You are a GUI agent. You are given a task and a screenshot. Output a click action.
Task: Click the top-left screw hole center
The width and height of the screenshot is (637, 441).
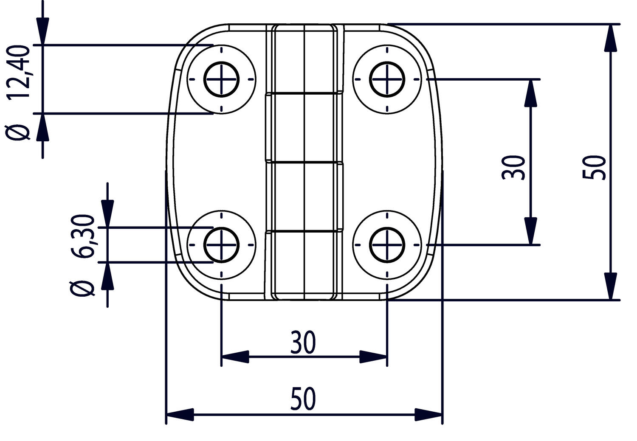coord(221,79)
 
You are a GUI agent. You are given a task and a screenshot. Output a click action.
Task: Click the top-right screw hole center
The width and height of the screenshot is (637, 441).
coord(387,79)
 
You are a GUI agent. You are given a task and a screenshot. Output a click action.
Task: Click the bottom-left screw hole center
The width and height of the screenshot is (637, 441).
coord(221,245)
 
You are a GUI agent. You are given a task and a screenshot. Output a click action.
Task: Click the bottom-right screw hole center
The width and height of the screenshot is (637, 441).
coord(387,245)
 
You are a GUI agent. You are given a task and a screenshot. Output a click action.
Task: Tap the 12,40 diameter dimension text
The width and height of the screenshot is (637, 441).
coord(20,72)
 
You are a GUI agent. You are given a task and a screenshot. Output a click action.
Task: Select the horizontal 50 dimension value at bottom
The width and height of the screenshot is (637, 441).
coord(303,399)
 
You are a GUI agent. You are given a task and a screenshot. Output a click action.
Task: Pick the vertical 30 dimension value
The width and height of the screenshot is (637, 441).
coord(513,167)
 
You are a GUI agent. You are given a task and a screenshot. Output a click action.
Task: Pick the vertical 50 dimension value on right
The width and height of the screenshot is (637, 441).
coord(594,167)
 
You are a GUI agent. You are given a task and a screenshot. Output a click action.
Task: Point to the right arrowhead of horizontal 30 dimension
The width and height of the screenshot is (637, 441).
coord(373,357)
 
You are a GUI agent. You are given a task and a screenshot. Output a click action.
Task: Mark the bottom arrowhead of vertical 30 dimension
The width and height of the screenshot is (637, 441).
coord(530,231)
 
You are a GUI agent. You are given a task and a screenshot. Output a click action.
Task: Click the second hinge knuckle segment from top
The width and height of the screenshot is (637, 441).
coord(304,127)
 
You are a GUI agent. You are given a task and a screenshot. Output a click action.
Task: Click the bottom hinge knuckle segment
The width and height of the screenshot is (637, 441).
coord(304,263)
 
